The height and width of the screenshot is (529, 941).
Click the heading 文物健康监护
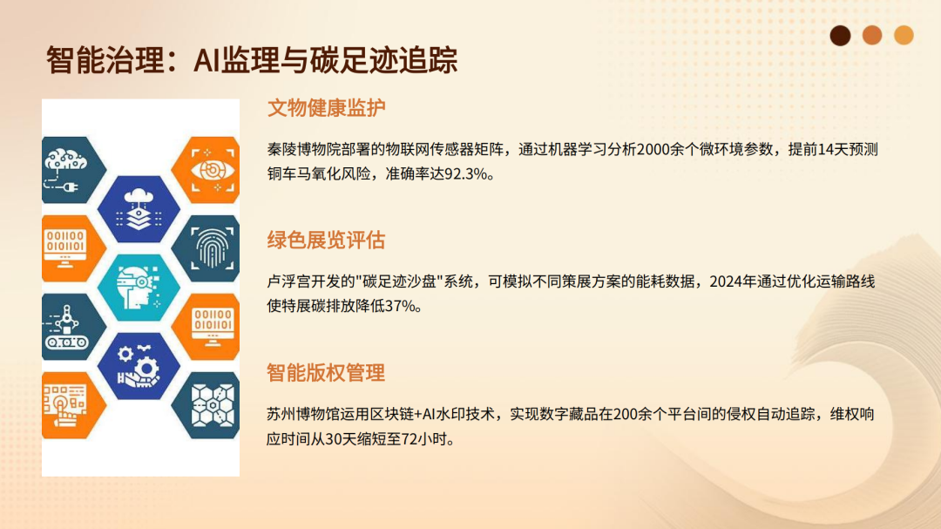click(x=326, y=108)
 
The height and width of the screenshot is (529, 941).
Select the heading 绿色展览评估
click(x=326, y=241)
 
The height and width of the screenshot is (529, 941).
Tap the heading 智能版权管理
click(x=326, y=373)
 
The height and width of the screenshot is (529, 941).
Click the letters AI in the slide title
click(x=206, y=61)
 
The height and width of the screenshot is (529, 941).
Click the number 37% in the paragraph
click(x=400, y=306)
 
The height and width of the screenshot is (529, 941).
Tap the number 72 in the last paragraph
click(x=410, y=439)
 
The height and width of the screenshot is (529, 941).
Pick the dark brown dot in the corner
click(x=840, y=36)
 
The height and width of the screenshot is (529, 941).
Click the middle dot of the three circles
click(x=872, y=36)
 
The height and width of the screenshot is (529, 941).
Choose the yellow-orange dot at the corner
click(x=904, y=36)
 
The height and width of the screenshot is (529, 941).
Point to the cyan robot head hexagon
click(x=139, y=288)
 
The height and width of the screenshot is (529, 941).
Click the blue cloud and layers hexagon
click(x=139, y=209)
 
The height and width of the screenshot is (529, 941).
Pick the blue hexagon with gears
click(x=139, y=366)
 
